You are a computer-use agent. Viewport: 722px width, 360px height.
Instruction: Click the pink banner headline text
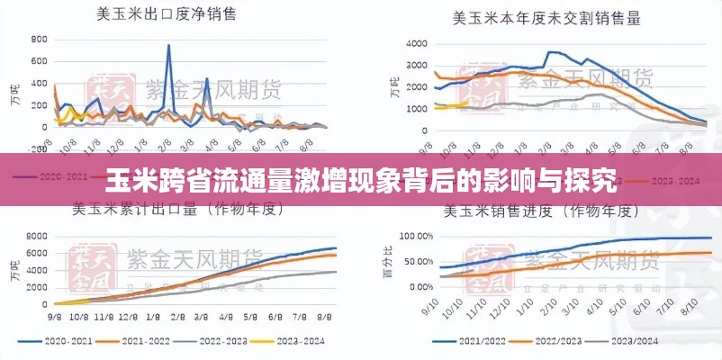360,179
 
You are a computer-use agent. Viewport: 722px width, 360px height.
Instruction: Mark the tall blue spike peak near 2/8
168,46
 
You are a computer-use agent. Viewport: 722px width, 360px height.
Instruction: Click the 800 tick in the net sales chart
39,40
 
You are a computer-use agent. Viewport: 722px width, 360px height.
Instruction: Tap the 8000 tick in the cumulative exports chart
36,237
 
